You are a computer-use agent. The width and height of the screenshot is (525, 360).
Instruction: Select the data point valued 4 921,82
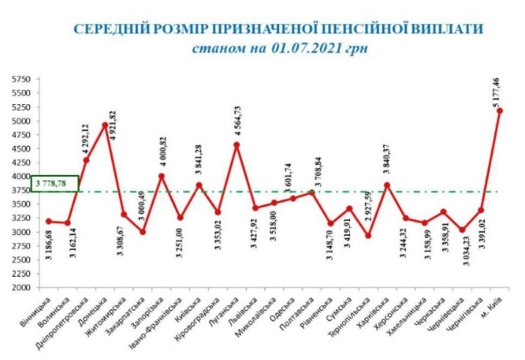(x=105, y=125)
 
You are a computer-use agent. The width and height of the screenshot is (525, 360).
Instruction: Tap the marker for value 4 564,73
(x=237, y=145)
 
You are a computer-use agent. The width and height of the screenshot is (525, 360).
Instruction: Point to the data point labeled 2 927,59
(x=369, y=235)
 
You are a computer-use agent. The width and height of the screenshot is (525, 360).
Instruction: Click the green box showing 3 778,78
(x=55, y=183)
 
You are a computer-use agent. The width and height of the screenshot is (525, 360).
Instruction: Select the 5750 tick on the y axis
(x=20, y=80)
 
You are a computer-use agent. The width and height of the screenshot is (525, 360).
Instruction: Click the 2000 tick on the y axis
(x=20, y=287)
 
